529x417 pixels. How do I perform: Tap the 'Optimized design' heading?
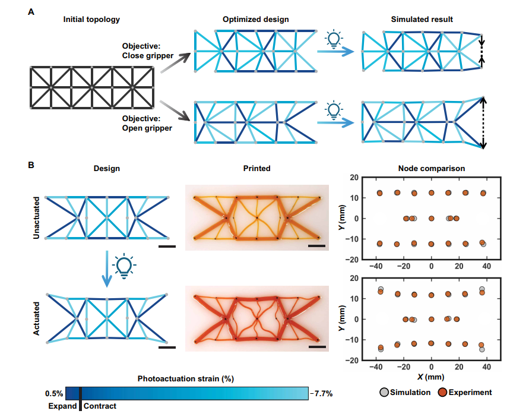tap(255, 20)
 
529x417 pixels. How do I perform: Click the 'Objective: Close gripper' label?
tap(145, 50)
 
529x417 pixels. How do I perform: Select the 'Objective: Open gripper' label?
tap(144, 123)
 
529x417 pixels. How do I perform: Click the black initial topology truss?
tap(92, 88)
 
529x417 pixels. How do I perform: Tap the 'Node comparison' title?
tap(431, 169)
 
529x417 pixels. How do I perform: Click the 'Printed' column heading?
tap(256, 169)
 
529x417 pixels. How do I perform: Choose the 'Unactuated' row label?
tap(37, 218)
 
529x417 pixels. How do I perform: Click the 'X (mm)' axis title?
tap(431, 377)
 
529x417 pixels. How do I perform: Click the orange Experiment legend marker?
tap(442, 392)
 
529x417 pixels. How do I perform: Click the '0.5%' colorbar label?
tap(53, 393)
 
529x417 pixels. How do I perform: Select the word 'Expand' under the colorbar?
tap(62, 406)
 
